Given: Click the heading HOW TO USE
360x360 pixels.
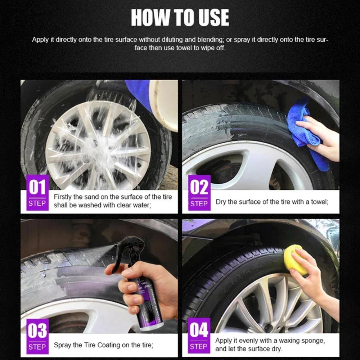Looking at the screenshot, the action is (x=180, y=18).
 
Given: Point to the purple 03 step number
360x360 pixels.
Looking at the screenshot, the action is (x=37, y=330).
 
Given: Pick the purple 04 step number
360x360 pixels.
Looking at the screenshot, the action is (x=199, y=330).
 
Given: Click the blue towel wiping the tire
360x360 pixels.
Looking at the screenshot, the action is (x=305, y=133).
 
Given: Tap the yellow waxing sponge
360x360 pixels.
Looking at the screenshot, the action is (x=295, y=260).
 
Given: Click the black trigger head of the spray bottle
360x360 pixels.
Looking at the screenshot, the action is (x=129, y=250).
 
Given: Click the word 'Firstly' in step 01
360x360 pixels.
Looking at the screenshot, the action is (x=62, y=197).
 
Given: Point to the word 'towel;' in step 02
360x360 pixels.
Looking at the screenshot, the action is (x=320, y=202).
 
